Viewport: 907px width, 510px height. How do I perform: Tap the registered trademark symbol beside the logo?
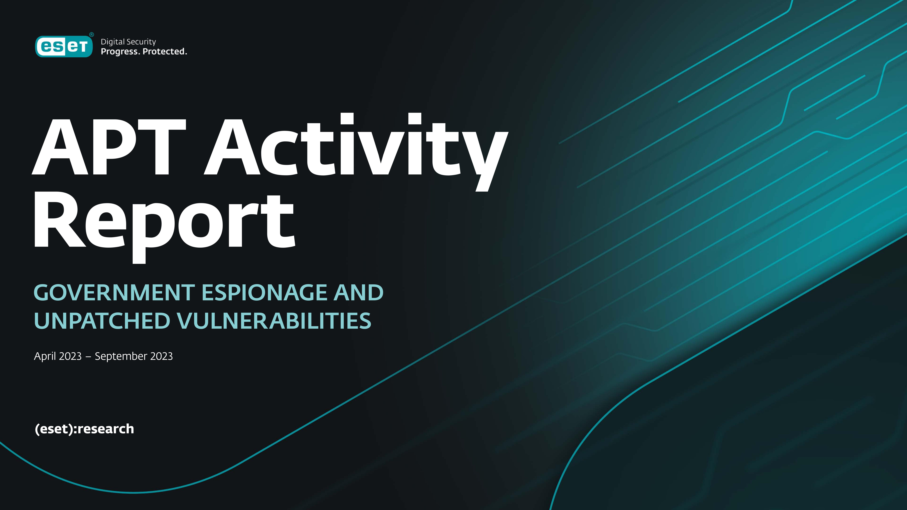91,34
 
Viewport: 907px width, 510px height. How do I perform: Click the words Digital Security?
128,42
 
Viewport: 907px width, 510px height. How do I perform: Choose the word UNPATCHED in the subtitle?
102,321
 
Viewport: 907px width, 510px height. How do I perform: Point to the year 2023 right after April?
70,356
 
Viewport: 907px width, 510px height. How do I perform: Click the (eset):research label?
84,429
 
